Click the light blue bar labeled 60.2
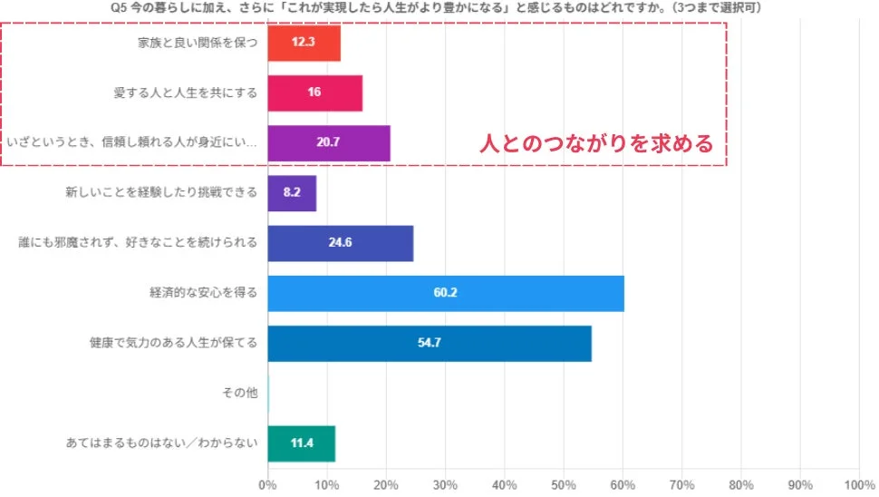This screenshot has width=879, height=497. coord(446,293)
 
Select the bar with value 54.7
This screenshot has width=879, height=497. coord(430,344)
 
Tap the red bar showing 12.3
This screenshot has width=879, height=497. coord(304,43)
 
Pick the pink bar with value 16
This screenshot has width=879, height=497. coord(314,93)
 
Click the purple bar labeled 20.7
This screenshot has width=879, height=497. coord(329,142)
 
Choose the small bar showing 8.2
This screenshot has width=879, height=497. coord(292,192)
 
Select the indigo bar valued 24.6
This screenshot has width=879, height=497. coord(341,243)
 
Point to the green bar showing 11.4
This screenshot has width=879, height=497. coord(302,443)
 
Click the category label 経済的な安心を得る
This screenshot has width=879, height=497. coord(204,293)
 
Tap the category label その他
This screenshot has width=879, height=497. coord(240,393)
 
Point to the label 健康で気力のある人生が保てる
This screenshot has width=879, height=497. coord(174,344)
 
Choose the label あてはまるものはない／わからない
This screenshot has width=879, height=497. coord(163,443)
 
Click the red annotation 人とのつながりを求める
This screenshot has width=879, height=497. coord(596,143)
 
